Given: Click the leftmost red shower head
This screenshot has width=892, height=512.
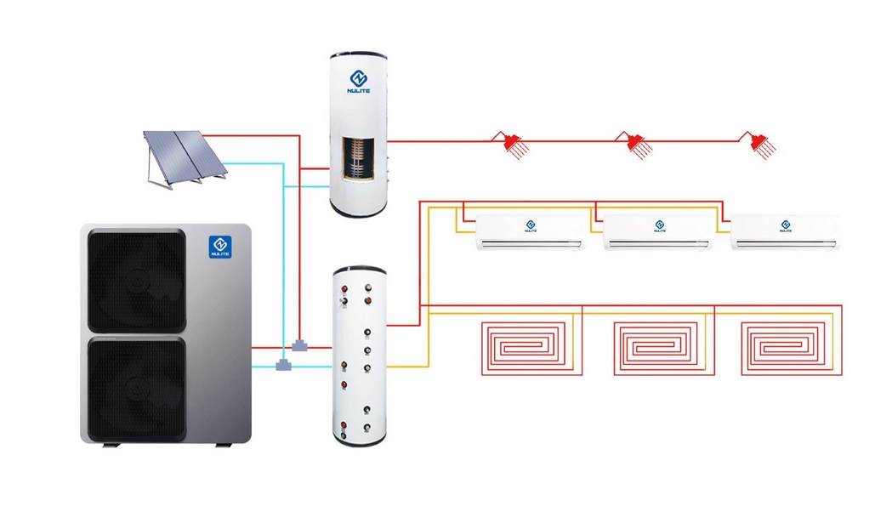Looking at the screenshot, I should point(511,145).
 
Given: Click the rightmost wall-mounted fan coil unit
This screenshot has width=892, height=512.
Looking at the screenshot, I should point(787,232).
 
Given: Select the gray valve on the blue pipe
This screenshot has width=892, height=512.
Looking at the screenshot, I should point(284,366).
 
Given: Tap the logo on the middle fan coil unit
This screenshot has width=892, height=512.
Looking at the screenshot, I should point(659,225).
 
